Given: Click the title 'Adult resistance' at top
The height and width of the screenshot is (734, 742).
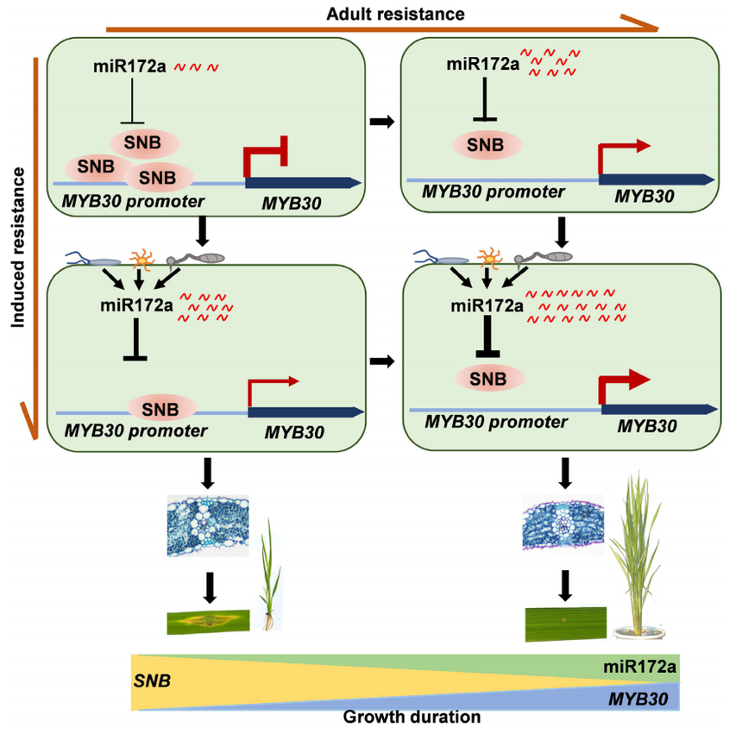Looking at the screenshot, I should click(396, 14).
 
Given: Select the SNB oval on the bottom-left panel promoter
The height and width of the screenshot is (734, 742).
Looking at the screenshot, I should click(161, 407).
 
